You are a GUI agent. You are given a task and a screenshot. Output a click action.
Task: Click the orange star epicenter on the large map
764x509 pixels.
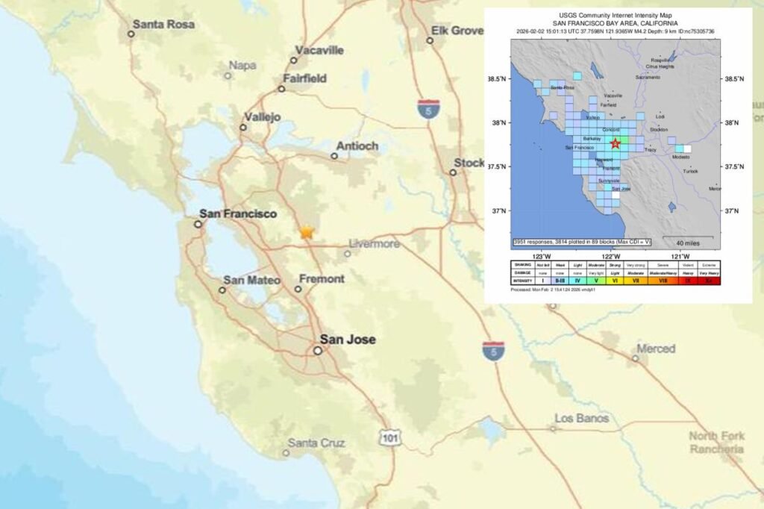[x=306, y=232]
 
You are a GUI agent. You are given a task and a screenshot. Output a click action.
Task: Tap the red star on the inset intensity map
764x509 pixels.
[x=616, y=143]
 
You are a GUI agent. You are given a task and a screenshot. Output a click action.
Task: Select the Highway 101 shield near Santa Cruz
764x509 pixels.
[x=389, y=437]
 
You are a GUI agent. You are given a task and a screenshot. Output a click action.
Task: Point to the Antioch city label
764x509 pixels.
[x=357, y=146]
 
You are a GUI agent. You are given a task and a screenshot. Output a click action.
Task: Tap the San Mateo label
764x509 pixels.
[x=251, y=280]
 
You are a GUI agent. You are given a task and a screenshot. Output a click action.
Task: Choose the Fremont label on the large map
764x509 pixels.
[x=322, y=278]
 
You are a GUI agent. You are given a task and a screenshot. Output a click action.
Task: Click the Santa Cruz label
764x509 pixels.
[x=316, y=443]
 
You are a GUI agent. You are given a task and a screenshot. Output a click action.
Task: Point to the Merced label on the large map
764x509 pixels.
[x=655, y=349]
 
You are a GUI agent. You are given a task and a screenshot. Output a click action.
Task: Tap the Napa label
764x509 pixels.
[x=242, y=66]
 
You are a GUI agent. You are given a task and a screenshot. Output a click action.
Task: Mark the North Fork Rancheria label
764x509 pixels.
[x=716, y=443]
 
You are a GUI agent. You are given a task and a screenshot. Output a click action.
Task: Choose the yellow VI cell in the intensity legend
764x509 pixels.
[x=616, y=280]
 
